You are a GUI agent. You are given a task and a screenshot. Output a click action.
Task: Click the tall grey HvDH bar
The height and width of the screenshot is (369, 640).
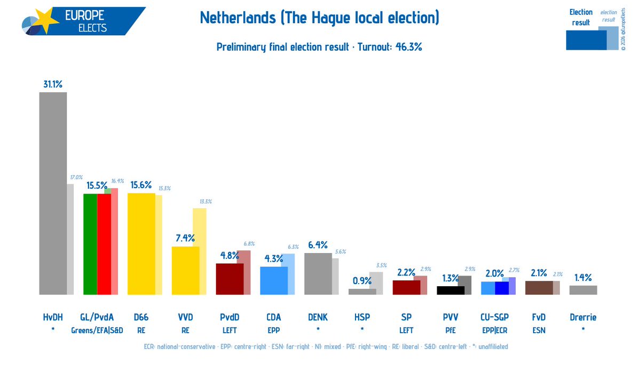click(x=53, y=192)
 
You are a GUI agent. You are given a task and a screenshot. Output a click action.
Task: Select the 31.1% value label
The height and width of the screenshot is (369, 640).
click(x=53, y=84)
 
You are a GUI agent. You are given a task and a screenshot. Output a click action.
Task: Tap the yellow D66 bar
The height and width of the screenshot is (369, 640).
click(x=141, y=244)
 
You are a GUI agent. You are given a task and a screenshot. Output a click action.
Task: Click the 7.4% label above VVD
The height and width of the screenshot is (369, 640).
click(x=185, y=238)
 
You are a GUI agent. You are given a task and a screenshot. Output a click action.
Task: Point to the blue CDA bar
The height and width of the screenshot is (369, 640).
click(x=273, y=280)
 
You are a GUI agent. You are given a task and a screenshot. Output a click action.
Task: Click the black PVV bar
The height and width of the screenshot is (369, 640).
click(x=450, y=290)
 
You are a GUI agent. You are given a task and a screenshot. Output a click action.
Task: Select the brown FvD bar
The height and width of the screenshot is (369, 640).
click(x=539, y=287)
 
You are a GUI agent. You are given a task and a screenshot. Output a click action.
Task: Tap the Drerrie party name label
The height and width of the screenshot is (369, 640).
click(x=583, y=317)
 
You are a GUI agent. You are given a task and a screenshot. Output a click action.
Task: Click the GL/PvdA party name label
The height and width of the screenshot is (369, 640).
click(x=97, y=317)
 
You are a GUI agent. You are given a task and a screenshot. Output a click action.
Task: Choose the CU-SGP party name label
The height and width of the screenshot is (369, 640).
click(x=494, y=317)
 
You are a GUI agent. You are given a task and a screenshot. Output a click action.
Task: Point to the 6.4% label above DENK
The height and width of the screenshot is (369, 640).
click(x=318, y=245)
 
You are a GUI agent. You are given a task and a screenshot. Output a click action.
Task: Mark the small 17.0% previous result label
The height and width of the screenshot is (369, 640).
click(x=76, y=177)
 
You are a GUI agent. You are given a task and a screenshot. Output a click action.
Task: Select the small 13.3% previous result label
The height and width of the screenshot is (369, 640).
click(x=206, y=201)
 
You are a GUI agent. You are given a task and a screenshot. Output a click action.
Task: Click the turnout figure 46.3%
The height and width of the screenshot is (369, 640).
click(x=408, y=47)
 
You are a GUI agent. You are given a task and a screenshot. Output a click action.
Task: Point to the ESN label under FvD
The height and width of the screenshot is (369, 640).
click(x=539, y=331)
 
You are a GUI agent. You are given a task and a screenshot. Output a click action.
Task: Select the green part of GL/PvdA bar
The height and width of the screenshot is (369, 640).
click(x=90, y=244)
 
